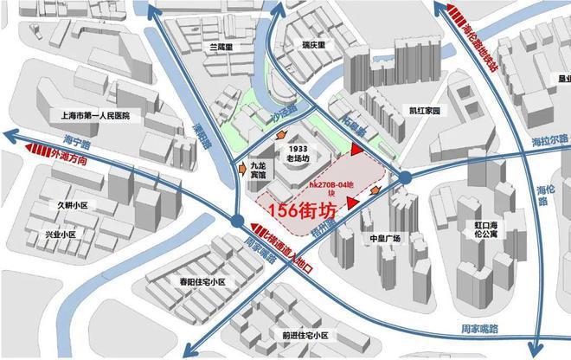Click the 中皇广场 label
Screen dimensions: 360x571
[382, 238]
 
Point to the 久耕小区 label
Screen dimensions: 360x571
[73, 205]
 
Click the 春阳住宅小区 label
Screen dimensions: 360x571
[197, 282]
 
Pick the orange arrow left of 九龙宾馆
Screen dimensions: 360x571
[241, 170]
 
